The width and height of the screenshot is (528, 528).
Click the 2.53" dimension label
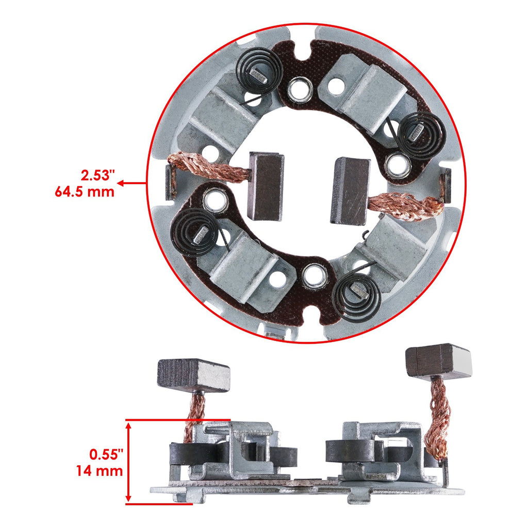(x=97, y=175)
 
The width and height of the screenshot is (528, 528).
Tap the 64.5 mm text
(x=85, y=192)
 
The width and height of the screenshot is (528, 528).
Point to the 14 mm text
(x=100, y=471)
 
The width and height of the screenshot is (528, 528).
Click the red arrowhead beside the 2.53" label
(x=121, y=183)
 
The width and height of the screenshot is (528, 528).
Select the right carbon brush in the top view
(x=351, y=191)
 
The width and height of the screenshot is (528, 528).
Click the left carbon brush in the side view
(x=194, y=375)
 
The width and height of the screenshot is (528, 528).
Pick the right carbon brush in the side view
(x=438, y=361)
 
